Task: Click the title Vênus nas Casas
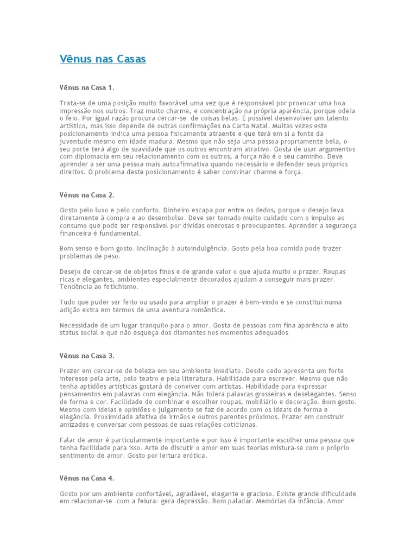coord(103,59)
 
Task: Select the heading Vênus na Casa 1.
coord(87,87)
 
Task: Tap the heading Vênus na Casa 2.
coord(87,194)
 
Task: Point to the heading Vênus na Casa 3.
coord(87,356)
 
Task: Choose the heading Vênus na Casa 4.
coord(87,478)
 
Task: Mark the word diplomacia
coord(93,156)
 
